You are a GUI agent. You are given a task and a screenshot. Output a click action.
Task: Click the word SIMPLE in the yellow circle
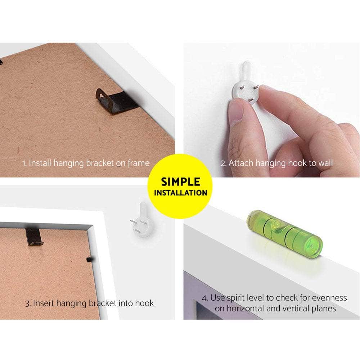180,182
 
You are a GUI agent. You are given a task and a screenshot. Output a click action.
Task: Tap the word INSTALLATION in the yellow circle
181,193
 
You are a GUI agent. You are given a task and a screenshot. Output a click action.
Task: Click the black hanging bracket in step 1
116,102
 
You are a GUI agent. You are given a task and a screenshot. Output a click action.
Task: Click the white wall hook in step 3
141,220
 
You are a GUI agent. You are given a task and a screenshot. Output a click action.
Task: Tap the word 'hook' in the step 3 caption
144,303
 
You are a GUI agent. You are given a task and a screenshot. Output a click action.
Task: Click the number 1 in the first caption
24,163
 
